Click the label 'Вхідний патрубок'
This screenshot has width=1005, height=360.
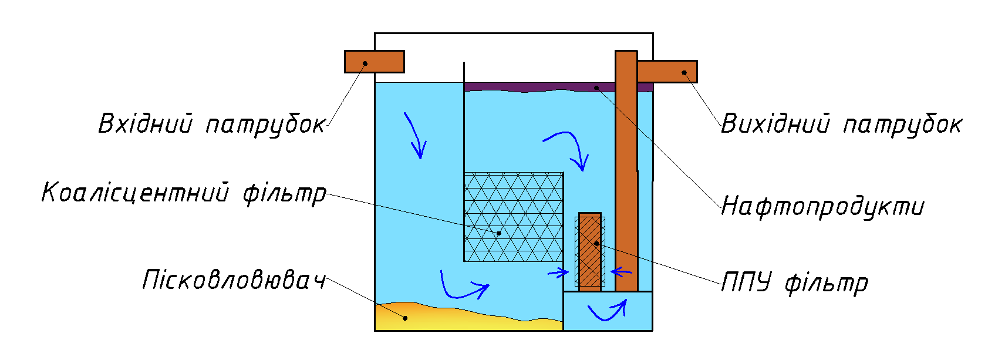tap(211, 125)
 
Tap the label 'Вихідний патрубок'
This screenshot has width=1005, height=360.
tap(841, 125)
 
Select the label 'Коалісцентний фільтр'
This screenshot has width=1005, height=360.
tap(183, 193)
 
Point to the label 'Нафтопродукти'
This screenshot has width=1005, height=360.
tap(822, 207)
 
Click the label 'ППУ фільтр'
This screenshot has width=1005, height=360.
tap(794, 282)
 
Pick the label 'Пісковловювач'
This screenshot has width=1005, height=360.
tap(234, 280)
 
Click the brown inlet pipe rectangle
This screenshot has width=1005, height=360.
tap(374, 62)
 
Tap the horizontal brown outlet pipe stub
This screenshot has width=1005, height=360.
tap(667, 72)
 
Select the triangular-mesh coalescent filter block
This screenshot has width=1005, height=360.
tap(513, 217)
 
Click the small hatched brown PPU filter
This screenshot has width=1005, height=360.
tap(590, 251)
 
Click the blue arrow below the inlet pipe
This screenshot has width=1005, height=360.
tap(415, 136)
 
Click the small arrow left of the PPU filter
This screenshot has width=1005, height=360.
tap(558, 272)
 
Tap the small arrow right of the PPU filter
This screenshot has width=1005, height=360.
tap(621, 271)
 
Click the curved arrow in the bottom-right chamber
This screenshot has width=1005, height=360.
tap(608, 310)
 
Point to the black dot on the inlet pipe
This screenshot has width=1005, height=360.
tap(365, 63)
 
